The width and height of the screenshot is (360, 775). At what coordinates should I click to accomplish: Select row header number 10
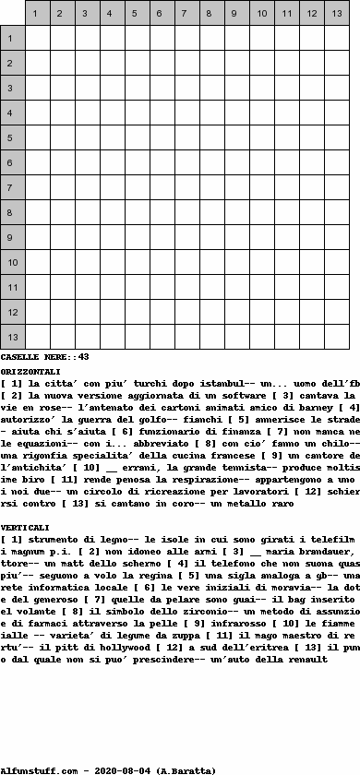click(x=12, y=263)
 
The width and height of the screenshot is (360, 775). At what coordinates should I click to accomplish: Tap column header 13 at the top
click(x=336, y=14)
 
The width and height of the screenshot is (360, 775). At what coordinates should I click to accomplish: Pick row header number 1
click(x=12, y=38)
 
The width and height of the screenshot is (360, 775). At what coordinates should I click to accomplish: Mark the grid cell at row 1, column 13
click(x=336, y=38)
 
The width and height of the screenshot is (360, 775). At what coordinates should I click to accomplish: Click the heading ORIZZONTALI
click(x=31, y=371)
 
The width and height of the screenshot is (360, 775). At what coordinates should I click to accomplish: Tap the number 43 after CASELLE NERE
click(x=84, y=356)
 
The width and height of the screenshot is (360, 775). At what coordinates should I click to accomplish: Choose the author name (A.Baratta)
click(x=186, y=769)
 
